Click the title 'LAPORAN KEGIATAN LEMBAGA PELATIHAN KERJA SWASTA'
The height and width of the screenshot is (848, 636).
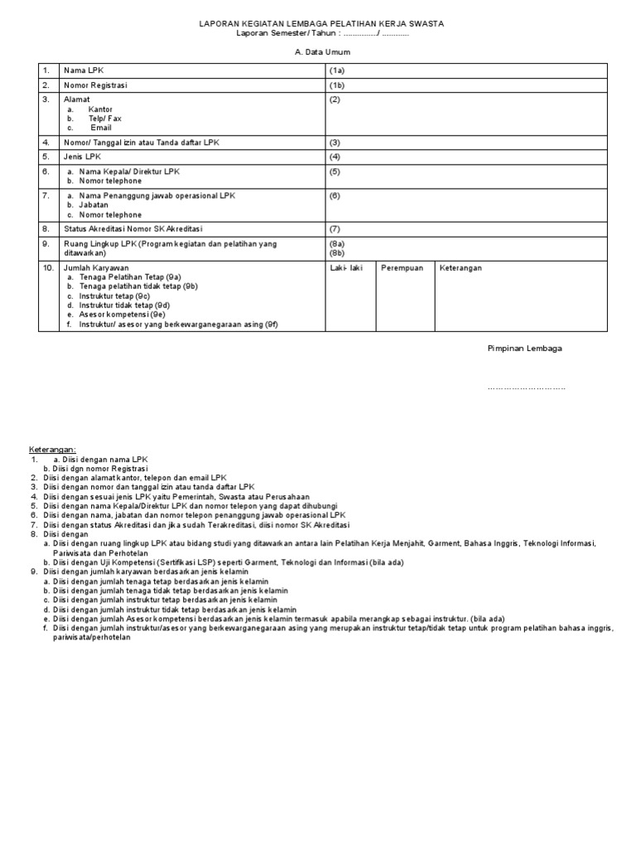pos(321,24)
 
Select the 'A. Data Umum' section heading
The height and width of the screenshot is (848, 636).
pos(321,51)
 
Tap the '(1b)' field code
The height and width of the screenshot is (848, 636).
pos(337,85)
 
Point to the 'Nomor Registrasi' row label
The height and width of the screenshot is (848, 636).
pos(95,85)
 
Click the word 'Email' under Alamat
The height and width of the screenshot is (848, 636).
pos(100,128)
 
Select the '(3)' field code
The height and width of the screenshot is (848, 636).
pos(335,142)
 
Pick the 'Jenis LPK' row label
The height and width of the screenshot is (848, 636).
pos(82,157)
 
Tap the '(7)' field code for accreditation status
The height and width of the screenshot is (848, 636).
pos(335,229)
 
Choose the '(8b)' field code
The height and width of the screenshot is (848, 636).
pos(337,253)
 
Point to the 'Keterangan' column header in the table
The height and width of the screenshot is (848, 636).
pos(460,268)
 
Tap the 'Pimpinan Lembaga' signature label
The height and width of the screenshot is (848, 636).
pos(524,349)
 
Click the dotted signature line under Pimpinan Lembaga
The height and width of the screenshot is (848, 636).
pos(527,388)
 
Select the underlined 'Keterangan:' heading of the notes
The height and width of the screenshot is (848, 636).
pos(52,449)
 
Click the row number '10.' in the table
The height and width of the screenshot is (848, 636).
pos(48,268)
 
